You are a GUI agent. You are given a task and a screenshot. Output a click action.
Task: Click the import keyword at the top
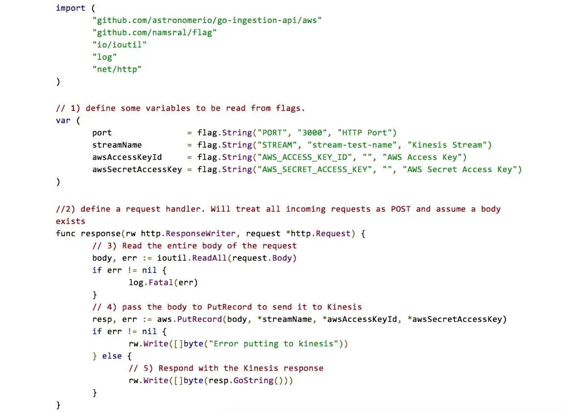71,8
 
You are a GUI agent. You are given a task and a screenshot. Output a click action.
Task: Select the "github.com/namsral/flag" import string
154,32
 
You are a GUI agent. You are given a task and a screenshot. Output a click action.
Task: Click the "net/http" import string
117,69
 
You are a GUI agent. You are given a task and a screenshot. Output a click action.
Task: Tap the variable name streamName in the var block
117,145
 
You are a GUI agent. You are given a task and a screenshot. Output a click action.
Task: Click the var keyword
63,121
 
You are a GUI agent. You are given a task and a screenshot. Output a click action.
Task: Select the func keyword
66,234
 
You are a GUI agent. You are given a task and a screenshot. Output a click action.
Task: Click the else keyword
112,356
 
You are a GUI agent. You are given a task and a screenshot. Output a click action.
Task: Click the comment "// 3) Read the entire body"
194,246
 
